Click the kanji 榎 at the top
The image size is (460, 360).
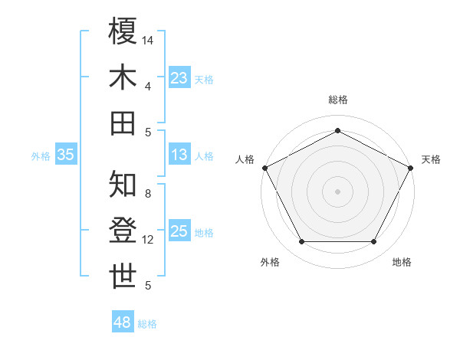[123, 31]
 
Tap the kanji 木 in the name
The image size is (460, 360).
[123, 77]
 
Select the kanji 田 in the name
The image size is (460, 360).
[123, 123]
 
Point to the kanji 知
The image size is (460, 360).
[123, 185]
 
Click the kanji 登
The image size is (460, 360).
[123, 231]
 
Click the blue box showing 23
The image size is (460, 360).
[179, 77]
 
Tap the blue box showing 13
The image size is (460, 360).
[179, 155]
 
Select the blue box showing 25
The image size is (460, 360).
[179, 231]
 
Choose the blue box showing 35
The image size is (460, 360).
[65, 155]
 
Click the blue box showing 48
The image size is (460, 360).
[123, 322]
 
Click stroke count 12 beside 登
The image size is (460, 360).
[148, 240]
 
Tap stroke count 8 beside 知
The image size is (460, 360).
[148, 194]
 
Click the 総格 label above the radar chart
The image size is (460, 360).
[337, 100]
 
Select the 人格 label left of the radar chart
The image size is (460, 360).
[245, 159]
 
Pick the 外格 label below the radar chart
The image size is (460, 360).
[269, 262]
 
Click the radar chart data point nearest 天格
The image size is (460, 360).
[411, 167]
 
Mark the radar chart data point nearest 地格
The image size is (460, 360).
[374, 242]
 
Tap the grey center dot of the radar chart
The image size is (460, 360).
[337, 191]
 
